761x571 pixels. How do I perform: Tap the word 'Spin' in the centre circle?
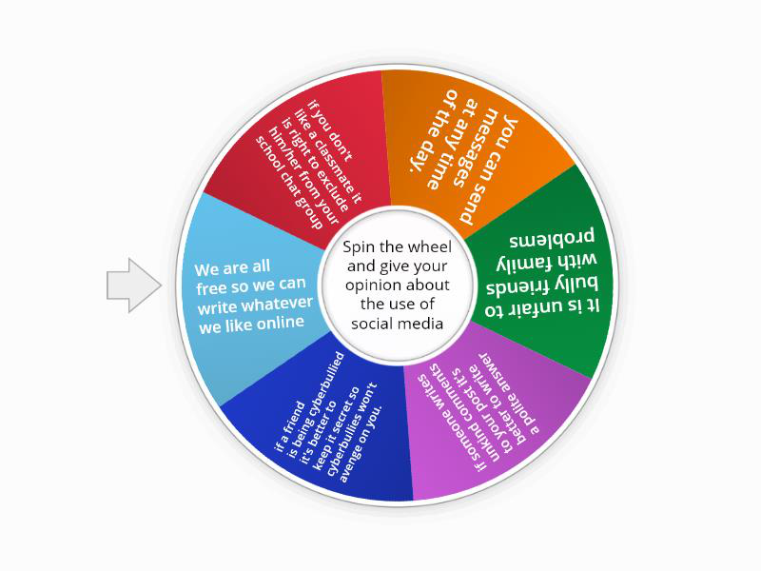(360, 247)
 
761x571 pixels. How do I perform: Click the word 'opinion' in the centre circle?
(373, 285)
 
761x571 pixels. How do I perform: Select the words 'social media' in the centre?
(397, 324)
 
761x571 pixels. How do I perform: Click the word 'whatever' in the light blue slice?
(282, 304)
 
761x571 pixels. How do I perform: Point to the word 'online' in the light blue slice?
(282, 323)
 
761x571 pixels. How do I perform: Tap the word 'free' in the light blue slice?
(211, 288)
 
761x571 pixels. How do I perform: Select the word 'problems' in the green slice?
(552, 237)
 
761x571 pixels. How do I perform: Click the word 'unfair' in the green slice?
(546, 306)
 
